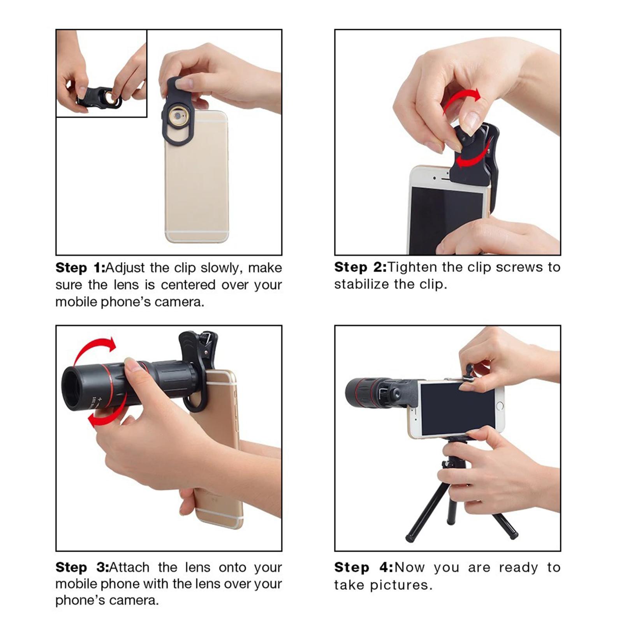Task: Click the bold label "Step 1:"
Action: tap(81, 268)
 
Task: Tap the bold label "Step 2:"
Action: tap(361, 267)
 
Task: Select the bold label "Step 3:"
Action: tap(82, 567)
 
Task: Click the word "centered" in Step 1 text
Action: tap(188, 285)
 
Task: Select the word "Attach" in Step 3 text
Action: tap(129, 567)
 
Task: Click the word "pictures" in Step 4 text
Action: tap(401, 585)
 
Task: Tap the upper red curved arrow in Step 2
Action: tap(461, 99)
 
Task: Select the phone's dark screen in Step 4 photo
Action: tap(458, 408)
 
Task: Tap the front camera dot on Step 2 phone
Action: tap(434, 178)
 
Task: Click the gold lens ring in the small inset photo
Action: tap(110, 98)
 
